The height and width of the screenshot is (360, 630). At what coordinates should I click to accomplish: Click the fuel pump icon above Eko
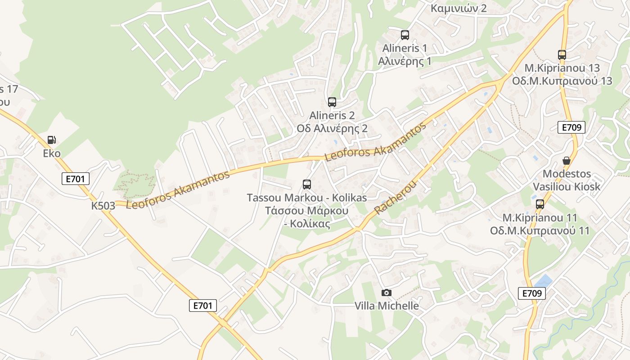click(52, 140)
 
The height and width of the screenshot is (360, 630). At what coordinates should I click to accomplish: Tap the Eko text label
click(52, 153)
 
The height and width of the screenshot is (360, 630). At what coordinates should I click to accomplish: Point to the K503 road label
click(103, 206)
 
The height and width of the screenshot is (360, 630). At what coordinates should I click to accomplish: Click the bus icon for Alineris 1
click(405, 35)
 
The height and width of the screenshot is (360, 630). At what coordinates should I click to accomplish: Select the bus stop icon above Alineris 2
click(332, 102)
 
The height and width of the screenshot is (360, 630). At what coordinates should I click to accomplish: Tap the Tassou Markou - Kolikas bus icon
click(307, 184)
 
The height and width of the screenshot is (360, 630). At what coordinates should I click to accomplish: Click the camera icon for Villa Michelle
click(386, 293)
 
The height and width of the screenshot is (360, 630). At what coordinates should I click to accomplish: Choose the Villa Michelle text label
click(387, 306)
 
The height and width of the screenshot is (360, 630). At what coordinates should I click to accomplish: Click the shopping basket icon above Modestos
click(567, 161)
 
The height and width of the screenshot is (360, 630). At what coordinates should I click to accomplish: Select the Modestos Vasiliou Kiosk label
click(567, 180)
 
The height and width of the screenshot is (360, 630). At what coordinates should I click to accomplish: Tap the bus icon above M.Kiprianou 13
click(562, 55)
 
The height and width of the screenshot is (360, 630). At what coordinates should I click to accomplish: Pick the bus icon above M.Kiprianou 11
click(540, 204)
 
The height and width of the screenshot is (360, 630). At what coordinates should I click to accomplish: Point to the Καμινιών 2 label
click(459, 8)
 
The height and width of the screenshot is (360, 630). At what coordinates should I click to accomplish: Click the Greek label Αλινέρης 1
click(405, 61)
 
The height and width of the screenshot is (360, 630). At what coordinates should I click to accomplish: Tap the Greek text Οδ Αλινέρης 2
click(332, 129)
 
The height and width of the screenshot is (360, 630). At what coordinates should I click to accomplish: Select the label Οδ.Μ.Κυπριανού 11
click(540, 231)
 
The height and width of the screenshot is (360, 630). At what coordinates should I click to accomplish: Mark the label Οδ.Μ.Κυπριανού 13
click(562, 81)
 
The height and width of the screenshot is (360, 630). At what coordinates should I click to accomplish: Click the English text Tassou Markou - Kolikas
click(307, 198)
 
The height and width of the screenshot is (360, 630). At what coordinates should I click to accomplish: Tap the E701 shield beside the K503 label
click(76, 179)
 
